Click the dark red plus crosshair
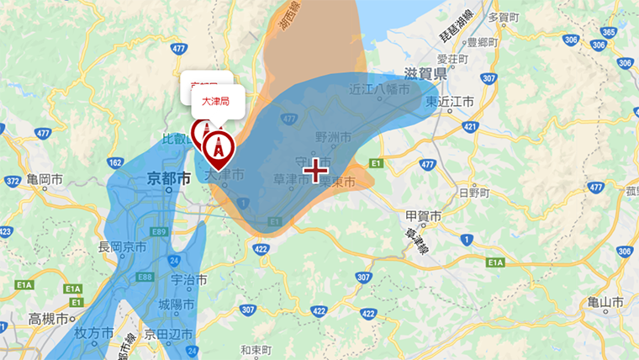pos(315,171)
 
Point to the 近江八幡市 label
pos(380,87)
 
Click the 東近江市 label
pos(450,101)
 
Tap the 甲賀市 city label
pos(424,216)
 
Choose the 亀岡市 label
pos(45,180)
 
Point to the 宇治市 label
pos(182,279)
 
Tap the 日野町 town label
pos(473,193)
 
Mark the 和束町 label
pos(254,348)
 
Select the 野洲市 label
pos(332,136)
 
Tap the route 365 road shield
pos(610,32)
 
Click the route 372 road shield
pos(12,181)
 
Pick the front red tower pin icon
pos(218,149)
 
